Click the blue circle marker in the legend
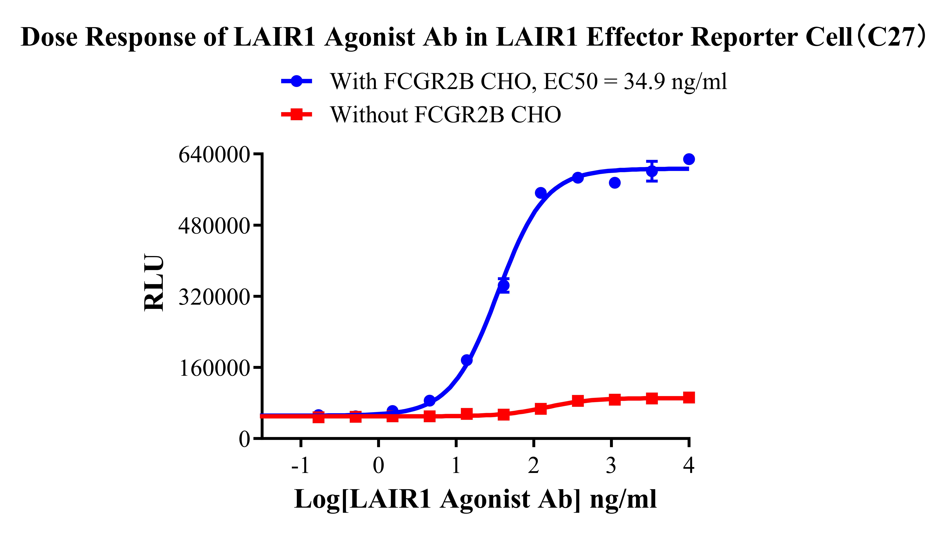click(296, 81)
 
